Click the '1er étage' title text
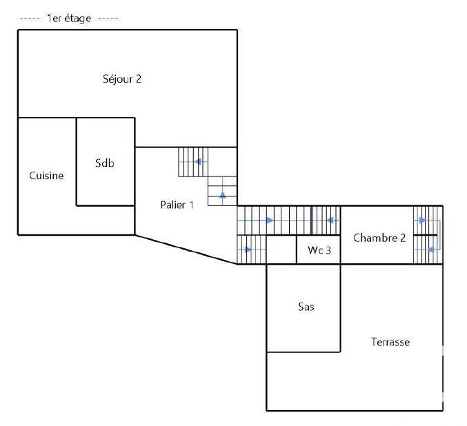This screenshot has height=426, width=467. pyautogui.click(x=69, y=19)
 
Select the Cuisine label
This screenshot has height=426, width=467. pyautogui.click(x=46, y=176)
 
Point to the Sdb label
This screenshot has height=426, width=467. pyautogui.click(x=105, y=163)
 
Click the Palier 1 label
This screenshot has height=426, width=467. pyautogui.click(x=177, y=205)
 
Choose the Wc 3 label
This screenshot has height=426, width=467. pyautogui.click(x=319, y=250)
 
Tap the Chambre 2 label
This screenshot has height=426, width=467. pyautogui.click(x=379, y=238)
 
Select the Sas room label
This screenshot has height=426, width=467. pyautogui.click(x=306, y=307)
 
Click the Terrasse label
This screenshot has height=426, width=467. pyautogui.click(x=390, y=342)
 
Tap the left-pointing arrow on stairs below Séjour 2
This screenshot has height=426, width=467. pyautogui.click(x=198, y=162)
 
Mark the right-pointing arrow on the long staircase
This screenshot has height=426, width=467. pyautogui.click(x=269, y=221)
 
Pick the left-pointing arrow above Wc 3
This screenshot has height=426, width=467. pyautogui.click(x=330, y=221)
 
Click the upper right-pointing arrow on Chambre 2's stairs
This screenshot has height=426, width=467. pyautogui.click(x=421, y=221)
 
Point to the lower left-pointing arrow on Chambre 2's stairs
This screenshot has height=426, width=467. pyautogui.click(x=432, y=249)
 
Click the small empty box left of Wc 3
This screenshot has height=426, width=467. pyautogui.click(x=281, y=250)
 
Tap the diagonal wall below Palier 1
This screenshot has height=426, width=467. pyautogui.click(x=186, y=249)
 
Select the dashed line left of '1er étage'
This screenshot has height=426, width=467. pyautogui.click(x=30, y=19)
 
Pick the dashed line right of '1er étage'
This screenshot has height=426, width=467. pyautogui.click(x=108, y=19)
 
